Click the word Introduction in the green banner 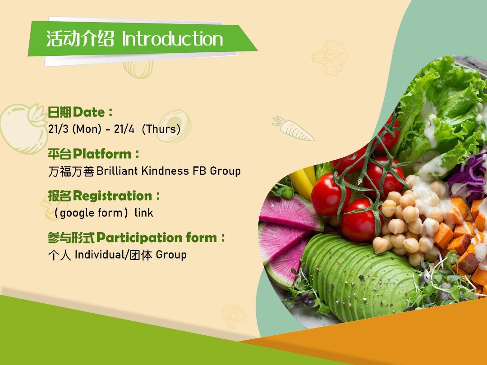173,39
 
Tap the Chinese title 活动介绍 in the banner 80,39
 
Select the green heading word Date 89,112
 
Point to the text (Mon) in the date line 87,129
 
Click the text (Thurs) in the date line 161,129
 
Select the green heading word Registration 112,196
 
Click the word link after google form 144,213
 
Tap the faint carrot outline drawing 293,128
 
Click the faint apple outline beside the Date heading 23,128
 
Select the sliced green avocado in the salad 357,276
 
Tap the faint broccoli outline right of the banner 330,58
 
